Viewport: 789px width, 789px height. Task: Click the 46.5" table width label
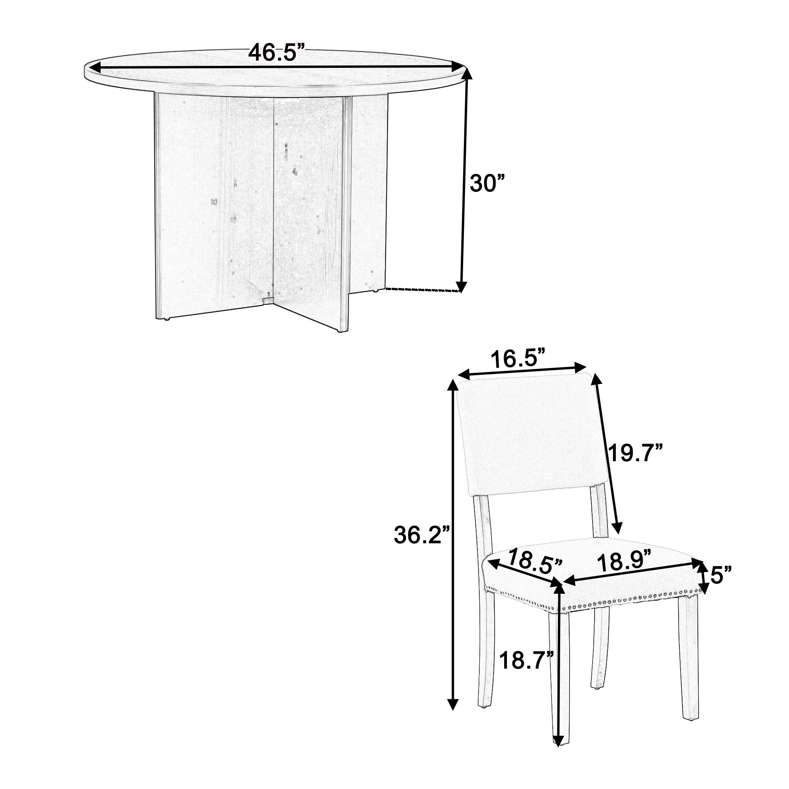pos(277,53)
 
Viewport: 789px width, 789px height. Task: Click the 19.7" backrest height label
pos(634,453)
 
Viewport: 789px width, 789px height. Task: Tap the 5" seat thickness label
pos(721,575)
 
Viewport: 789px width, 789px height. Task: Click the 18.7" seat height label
pos(526,660)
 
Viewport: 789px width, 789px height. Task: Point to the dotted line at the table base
pos(423,290)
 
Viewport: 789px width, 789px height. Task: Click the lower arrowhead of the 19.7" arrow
pos(618,529)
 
